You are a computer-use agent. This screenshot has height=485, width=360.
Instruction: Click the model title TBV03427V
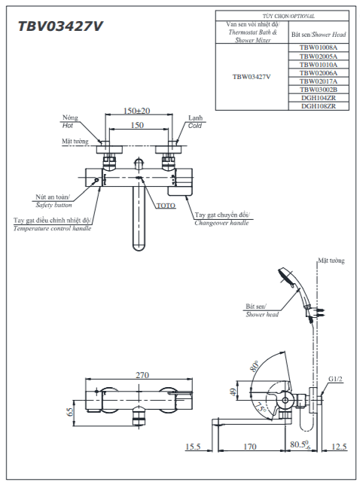(60, 26)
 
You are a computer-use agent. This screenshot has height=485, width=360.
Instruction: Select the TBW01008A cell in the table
(319, 47)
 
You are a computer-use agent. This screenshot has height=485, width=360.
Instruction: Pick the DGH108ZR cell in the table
(319, 106)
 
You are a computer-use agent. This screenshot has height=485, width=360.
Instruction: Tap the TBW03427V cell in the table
(252, 77)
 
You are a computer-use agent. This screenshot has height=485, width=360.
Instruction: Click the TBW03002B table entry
(319, 90)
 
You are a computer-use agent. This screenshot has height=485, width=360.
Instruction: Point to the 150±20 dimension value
(137, 111)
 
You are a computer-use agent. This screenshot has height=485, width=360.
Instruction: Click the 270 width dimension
(142, 375)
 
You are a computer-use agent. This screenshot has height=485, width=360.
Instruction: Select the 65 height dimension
(70, 411)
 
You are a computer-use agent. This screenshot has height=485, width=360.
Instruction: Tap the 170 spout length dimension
(249, 447)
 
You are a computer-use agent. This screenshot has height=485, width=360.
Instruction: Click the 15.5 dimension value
(193, 447)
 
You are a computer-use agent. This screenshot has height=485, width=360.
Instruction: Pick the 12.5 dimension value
(339, 447)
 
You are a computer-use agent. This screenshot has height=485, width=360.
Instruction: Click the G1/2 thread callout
(335, 379)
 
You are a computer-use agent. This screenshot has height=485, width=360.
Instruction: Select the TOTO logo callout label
(166, 206)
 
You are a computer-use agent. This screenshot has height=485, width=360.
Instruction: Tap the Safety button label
(53, 205)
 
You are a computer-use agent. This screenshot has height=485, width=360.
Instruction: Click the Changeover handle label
(221, 223)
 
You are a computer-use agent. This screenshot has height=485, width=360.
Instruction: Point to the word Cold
(195, 126)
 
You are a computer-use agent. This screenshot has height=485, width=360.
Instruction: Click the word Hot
(68, 125)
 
